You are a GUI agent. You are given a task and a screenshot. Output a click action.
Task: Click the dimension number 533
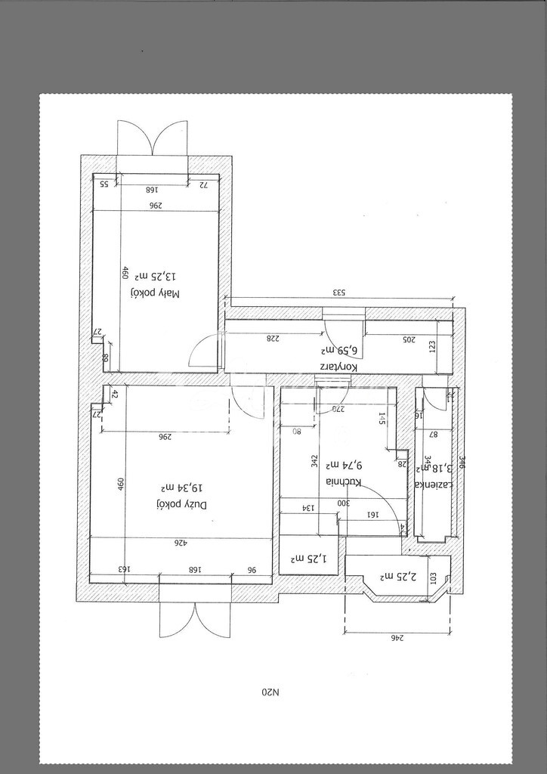click(x=341, y=293)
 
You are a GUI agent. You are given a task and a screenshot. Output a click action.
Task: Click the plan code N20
click(x=270, y=692)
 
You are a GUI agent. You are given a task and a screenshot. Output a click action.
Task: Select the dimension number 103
click(x=434, y=576)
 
